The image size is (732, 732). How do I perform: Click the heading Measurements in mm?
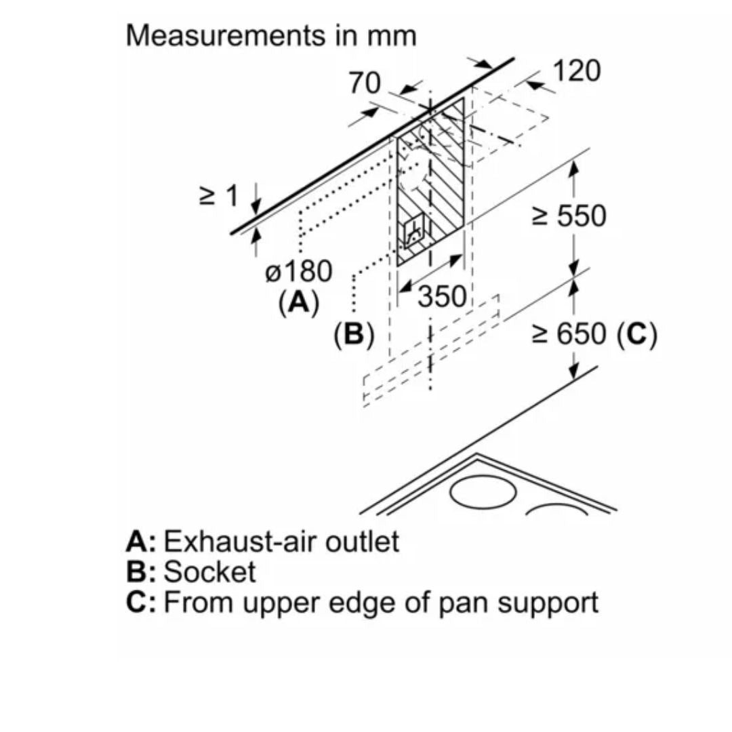(270, 36)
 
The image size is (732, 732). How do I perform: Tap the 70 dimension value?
(364, 83)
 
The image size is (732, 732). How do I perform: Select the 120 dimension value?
(577, 70)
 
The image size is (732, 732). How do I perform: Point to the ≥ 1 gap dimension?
(218, 197)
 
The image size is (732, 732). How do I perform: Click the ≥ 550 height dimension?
(568, 216)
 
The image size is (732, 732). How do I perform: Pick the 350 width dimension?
(442, 298)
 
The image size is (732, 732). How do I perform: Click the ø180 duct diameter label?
(299, 272)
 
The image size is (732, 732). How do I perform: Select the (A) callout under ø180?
(298, 302)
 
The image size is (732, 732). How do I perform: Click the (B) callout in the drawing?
(354, 334)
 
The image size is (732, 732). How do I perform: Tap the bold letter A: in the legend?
(141, 542)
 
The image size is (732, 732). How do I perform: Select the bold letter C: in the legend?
(141, 602)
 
